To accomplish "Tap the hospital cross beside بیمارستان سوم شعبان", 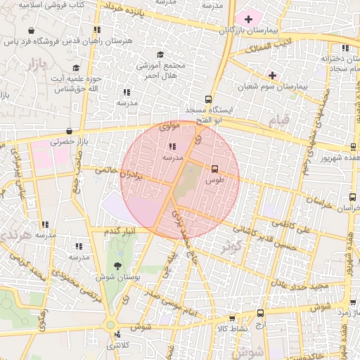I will pyautogui.click(x=272, y=75).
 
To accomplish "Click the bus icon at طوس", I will pyautogui.click(x=214, y=168).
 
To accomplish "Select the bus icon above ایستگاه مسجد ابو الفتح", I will pyautogui.click(x=207, y=99).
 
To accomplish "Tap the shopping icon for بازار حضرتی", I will pyautogui.click(x=69, y=131).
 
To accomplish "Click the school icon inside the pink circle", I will pyautogui.click(x=173, y=147).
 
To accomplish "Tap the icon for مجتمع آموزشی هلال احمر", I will pyautogui.click(x=160, y=54).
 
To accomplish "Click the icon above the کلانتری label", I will pyautogui.click(x=117, y=335).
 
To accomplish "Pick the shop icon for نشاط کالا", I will pyautogui.click(x=232, y=318).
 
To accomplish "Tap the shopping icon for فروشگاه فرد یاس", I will pyautogui.click(x=32, y=31).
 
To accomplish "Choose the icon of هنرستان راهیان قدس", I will pyautogui.click(x=96, y=30).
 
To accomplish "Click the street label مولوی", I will pyautogui.click(x=171, y=127).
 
